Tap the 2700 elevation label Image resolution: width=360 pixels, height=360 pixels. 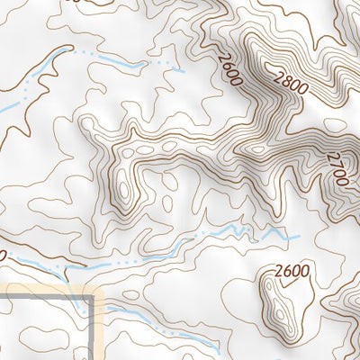(x=337, y=168)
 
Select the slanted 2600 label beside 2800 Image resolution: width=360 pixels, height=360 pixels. (x=230, y=67)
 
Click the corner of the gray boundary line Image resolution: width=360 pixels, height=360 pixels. (x=96, y=294)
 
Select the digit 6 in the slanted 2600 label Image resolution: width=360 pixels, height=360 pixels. (x=228, y=62)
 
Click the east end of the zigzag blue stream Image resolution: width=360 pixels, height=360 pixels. (x=298, y=237)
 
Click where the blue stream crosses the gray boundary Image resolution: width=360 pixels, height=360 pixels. (x=96, y=305)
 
